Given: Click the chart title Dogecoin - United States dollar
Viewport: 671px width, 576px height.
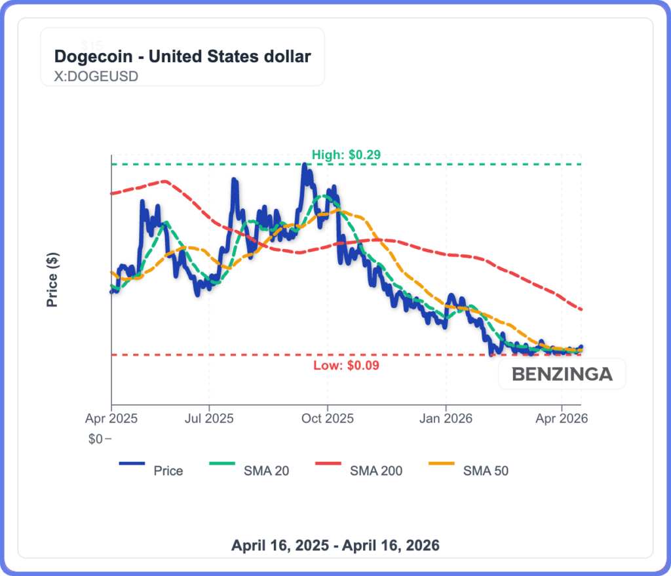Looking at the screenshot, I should [x=182, y=56].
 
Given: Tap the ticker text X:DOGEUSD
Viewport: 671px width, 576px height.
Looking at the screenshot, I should [x=96, y=76].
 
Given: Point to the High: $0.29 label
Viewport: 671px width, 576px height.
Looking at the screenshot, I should [x=346, y=155].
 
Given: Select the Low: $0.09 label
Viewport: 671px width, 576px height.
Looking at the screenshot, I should [x=347, y=365].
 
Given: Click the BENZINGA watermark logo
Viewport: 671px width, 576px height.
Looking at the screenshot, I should [x=562, y=374].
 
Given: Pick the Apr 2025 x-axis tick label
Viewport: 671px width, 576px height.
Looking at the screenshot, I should [x=111, y=417].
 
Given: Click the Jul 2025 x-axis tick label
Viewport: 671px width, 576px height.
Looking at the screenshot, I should [x=209, y=417].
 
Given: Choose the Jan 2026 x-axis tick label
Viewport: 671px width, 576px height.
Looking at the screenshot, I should [x=446, y=417].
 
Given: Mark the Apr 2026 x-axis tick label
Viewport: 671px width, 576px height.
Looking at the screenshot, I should [x=562, y=417].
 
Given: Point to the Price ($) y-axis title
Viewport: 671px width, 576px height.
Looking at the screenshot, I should [x=52, y=280].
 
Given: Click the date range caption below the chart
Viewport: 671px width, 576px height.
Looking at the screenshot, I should [x=335, y=545].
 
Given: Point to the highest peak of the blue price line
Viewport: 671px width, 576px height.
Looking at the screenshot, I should [x=304, y=166].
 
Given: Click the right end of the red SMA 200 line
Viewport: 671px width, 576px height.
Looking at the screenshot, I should [x=581, y=309].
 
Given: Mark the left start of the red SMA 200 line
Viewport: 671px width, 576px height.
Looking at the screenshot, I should [x=113, y=193].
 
